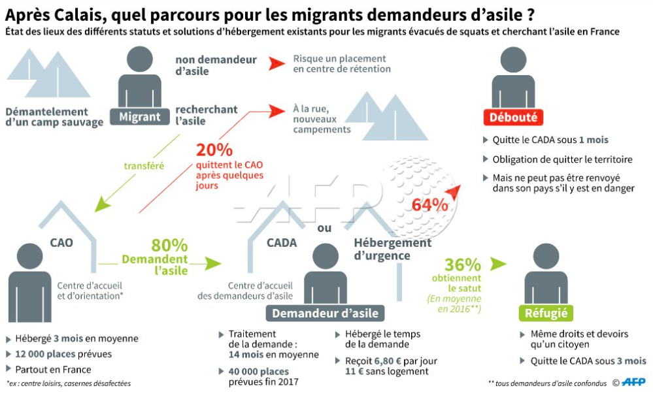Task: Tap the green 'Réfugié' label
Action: (545, 313)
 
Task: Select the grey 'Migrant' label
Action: (141, 117)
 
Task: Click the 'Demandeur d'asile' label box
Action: (325, 313)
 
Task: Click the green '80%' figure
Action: (169, 246)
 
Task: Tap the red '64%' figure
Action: (429, 204)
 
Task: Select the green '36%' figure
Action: (463, 265)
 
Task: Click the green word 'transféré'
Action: (144, 166)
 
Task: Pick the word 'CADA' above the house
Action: (282, 243)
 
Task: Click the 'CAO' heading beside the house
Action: (61, 243)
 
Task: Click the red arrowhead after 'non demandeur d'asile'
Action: (277, 63)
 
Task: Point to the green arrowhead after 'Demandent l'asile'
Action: (212, 263)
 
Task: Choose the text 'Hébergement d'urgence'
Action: (392, 249)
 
